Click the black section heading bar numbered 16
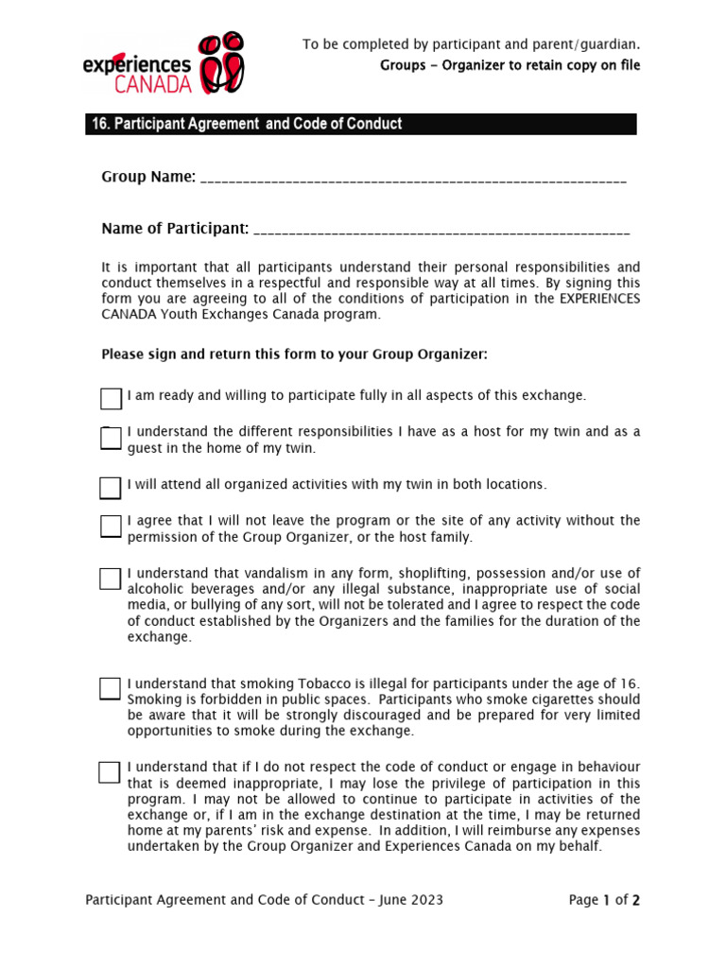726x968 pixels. [360, 124]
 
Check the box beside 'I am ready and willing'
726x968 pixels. [111, 398]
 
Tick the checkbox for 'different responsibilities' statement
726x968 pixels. [111, 439]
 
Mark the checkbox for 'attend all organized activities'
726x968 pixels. [111, 488]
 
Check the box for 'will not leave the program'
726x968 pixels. [111, 527]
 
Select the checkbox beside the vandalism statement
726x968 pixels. [111, 579]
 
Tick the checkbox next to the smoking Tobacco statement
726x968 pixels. [111, 688]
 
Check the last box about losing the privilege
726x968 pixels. [111, 772]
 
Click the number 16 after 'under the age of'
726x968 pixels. [630, 683]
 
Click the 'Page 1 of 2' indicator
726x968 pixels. [604, 900]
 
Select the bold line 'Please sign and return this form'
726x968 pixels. [294, 354]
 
